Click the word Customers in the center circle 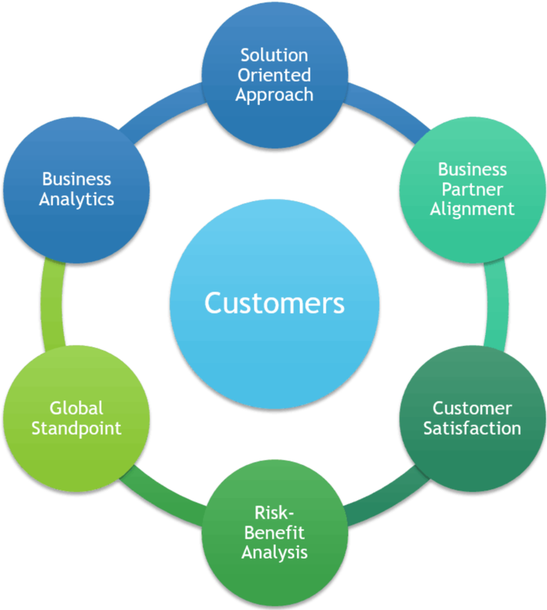point(275,303)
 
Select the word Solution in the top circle point(275,55)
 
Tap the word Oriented point(275,75)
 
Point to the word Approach point(275,95)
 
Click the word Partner point(472,189)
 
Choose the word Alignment point(472,209)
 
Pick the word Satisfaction point(472,429)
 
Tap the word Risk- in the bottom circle point(275,513)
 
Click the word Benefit point(275,533)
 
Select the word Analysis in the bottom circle point(275,553)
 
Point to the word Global point(76,408)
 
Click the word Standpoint point(76,428)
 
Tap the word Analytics point(76,199)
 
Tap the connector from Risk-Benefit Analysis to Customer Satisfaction point(384,495)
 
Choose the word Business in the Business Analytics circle point(76,179)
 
